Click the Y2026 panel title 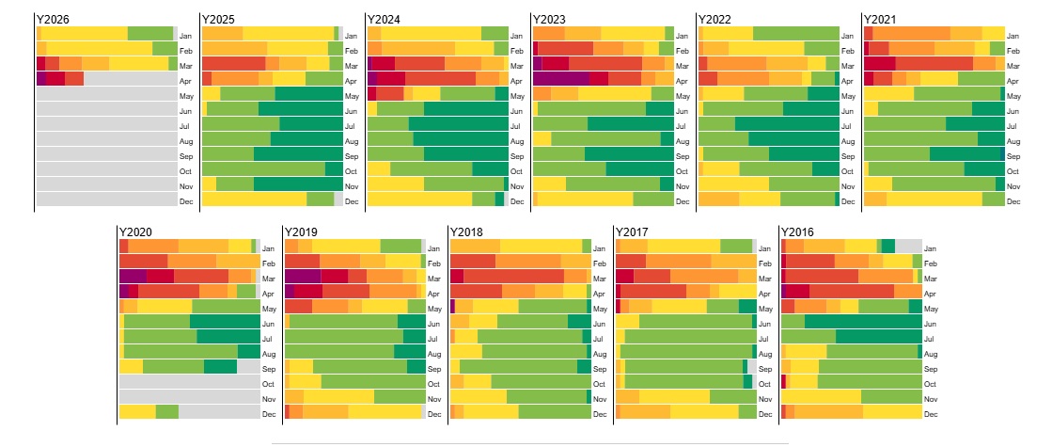[52, 19]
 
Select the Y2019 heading [300, 231]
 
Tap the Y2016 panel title [796, 231]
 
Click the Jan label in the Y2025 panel [352, 35]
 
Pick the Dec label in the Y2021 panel [1013, 200]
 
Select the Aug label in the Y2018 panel [599, 354]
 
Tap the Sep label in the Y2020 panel [268, 369]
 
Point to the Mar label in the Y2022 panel [847, 66]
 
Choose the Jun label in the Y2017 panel [763, 324]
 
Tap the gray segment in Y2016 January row [908, 247]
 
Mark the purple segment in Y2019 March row [303, 277]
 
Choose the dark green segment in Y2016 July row [878, 337]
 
